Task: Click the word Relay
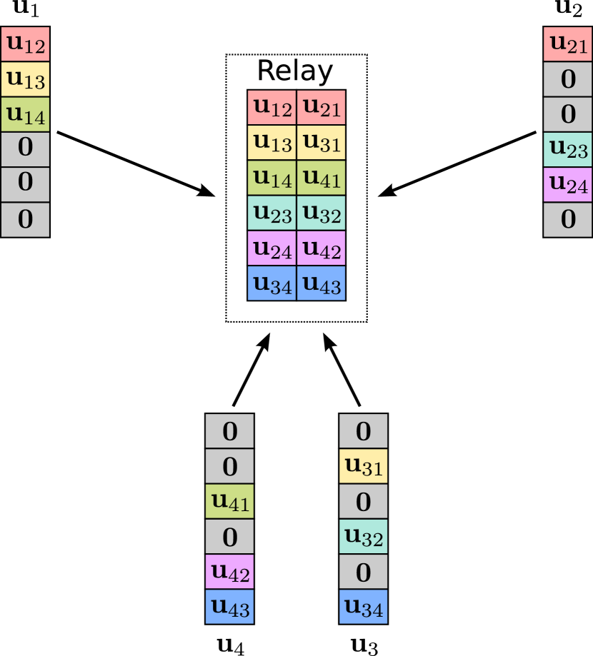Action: tap(294, 71)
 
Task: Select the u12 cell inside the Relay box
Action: tap(272, 107)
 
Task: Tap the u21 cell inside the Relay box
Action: tap(322, 107)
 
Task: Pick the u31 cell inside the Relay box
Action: tap(322, 143)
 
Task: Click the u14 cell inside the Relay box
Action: tap(272, 178)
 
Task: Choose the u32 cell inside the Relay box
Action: tap(322, 213)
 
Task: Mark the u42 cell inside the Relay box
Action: tap(322, 248)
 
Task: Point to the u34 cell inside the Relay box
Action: tap(272, 283)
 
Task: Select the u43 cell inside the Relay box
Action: tap(322, 283)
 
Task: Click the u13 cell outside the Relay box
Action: tap(25, 79)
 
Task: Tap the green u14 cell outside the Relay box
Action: tap(25, 114)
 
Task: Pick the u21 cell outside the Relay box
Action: tap(568, 44)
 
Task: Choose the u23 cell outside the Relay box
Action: tap(568, 149)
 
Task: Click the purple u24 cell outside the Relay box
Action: tap(568, 184)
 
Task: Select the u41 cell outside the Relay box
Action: tap(229, 501)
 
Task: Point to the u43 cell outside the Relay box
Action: tap(229, 607)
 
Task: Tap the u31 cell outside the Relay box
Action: tap(363, 466)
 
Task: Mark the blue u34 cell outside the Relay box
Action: tap(363, 607)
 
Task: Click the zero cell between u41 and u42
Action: tap(229, 536)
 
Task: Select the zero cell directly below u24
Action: tap(568, 219)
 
